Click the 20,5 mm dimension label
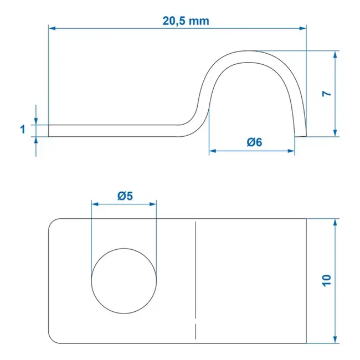click(186, 20)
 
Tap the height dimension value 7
click(327, 94)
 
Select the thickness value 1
click(22, 130)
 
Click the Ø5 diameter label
click(125, 196)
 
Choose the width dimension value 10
click(327, 280)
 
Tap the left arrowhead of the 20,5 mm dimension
click(52, 27)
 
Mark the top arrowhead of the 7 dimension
click(336, 54)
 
